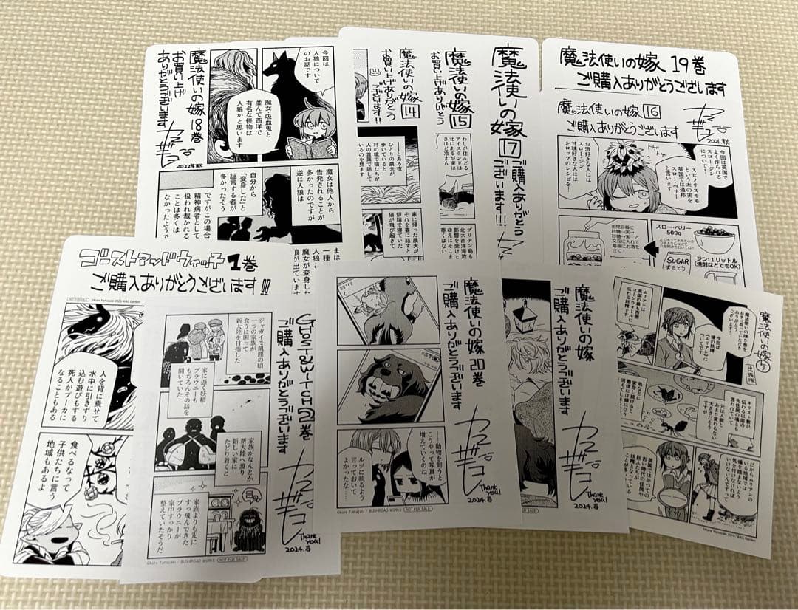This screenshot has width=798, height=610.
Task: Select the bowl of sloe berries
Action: point(714,240)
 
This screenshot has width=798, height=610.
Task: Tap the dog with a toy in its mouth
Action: point(388,384)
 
